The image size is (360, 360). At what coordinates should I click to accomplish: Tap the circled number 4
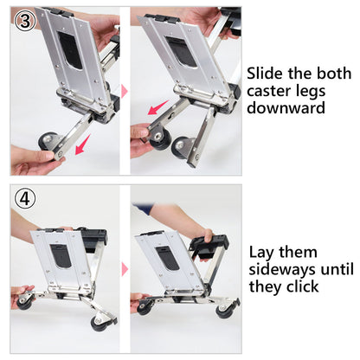[25, 197]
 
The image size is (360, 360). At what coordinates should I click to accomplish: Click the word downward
[286, 110]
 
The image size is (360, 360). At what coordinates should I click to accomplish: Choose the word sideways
[282, 269]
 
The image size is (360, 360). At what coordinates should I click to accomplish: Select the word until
[337, 269]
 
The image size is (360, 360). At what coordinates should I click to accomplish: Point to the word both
[328, 74]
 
